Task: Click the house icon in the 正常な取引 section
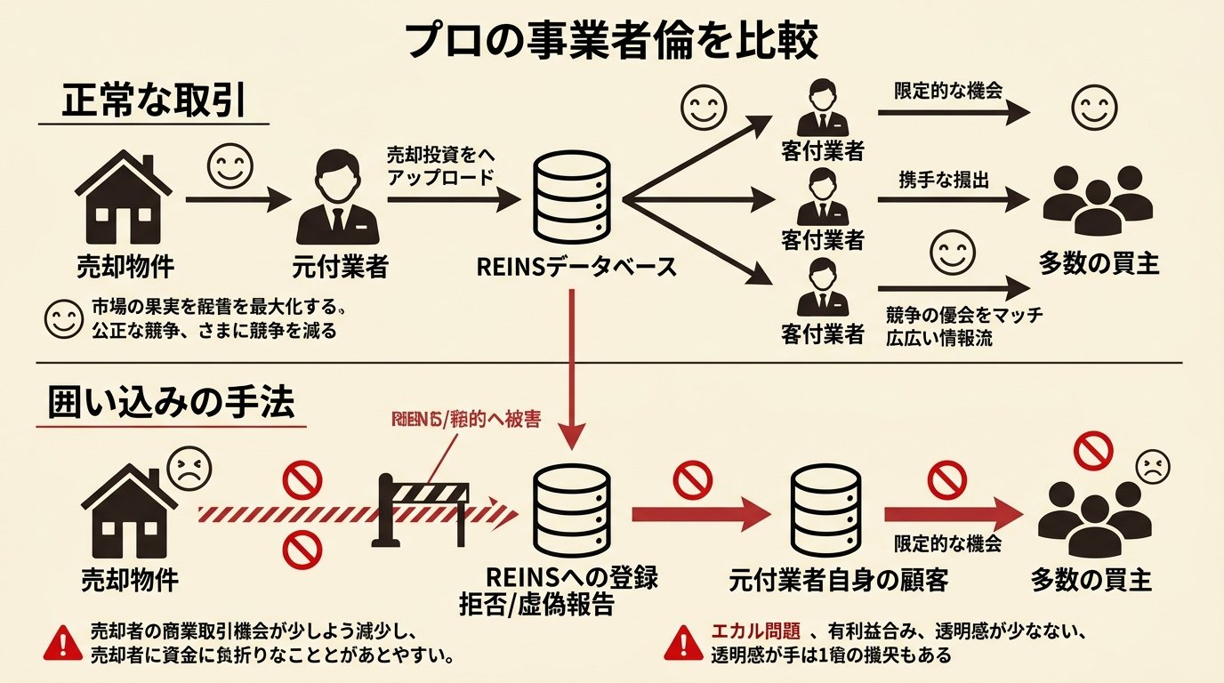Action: click(124, 200)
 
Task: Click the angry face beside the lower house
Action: click(188, 465)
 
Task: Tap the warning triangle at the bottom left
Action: click(62, 640)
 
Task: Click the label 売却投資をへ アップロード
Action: click(440, 165)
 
